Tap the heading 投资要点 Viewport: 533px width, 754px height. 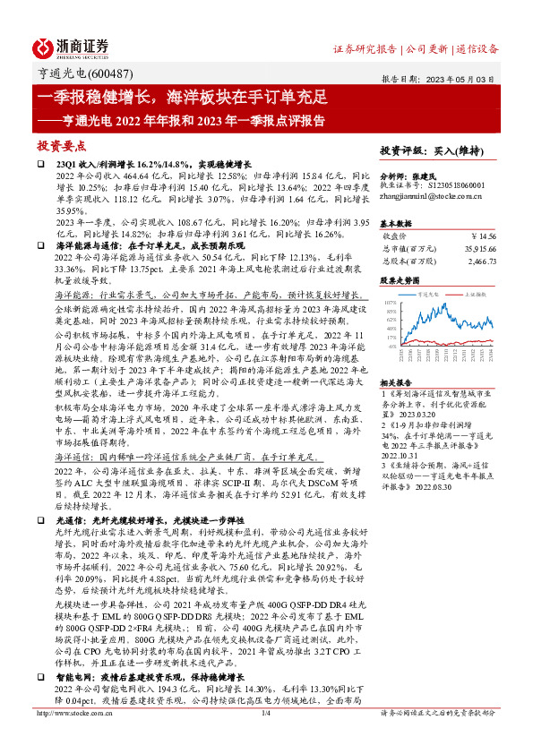(x=62, y=144)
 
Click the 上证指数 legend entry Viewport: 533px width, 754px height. (x=473, y=293)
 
